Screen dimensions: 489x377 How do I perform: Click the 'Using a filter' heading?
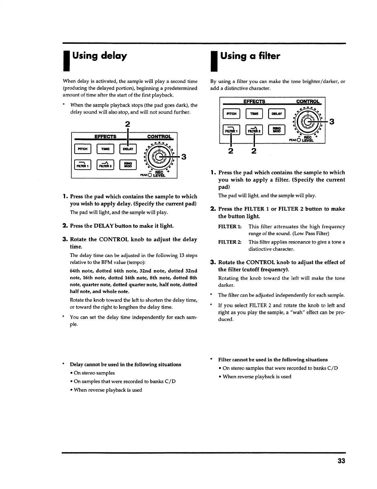click(x=250, y=56)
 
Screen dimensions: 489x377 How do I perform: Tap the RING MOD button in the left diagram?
click(x=128, y=165)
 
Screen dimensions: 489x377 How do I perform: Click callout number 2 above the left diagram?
click(x=128, y=124)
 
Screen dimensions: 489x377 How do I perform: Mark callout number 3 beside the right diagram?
click(x=331, y=122)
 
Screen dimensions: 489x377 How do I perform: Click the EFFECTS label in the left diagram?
click(x=105, y=136)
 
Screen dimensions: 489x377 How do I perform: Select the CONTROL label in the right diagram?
click(x=308, y=101)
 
